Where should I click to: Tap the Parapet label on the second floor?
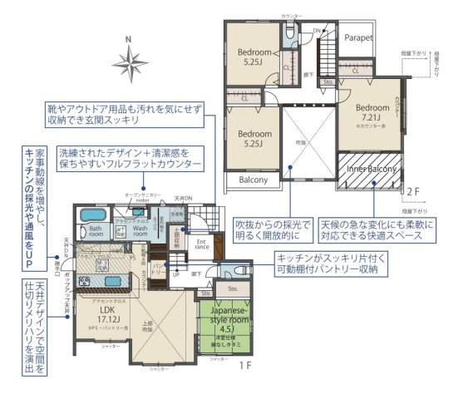pos(358,38)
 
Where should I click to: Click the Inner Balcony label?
pos(369,169)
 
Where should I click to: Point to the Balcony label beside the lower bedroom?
pos(254,180)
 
